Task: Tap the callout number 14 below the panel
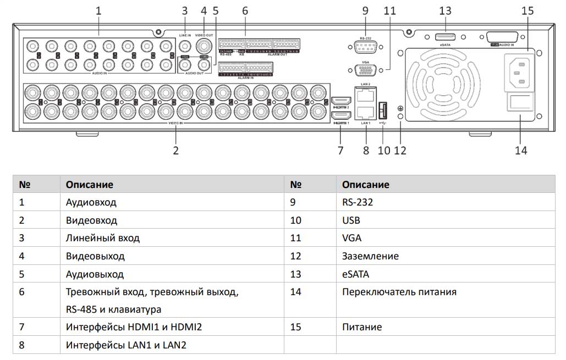click(x=520, y=149)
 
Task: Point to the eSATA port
click(x=445, y=37)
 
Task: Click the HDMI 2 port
click(x=341, y=101)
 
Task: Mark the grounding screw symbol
click(x=400, y=108)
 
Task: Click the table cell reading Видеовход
click(x=91, y=220)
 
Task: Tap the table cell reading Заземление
click(x=370, y=256)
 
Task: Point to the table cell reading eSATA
click(x=355, y=274)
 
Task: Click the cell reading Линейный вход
click(x=102, y=239)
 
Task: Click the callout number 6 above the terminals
click(x=245, y=10)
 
